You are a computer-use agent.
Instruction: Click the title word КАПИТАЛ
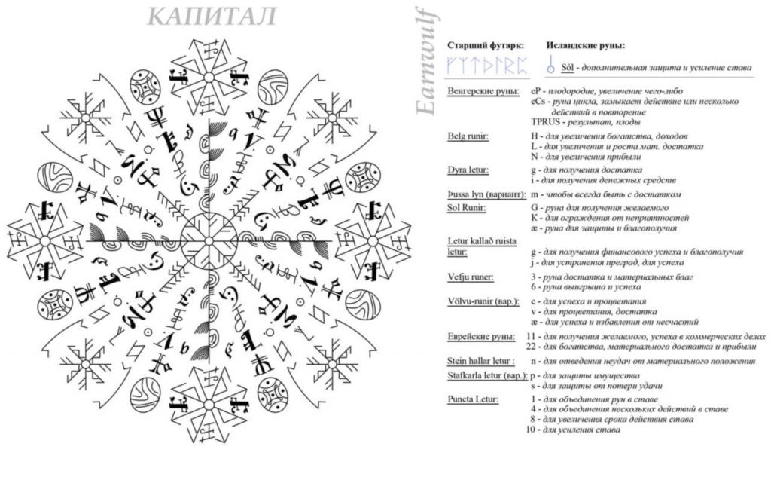212,16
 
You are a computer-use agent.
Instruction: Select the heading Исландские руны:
586,45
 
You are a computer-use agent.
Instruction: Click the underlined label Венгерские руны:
482,91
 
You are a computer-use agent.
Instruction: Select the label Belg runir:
468,136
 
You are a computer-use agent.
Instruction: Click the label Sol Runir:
468,206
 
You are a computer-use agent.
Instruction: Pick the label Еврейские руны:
481,336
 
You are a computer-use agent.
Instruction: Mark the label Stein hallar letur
480,361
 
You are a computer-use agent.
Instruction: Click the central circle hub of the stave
209,241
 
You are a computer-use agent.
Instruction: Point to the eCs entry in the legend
538,101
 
